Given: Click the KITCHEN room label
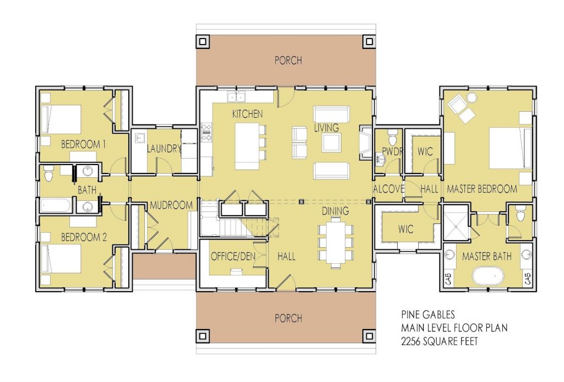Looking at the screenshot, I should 247,114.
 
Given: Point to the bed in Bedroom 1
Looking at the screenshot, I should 61,118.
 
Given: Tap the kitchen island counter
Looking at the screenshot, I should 246,146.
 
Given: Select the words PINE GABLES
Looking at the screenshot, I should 428,315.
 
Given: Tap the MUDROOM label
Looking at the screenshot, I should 171,205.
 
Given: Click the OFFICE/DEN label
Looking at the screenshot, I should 231,257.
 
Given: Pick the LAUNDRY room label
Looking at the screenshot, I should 164,148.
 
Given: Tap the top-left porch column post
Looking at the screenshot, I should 202,40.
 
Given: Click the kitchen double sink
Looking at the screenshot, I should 238,97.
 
